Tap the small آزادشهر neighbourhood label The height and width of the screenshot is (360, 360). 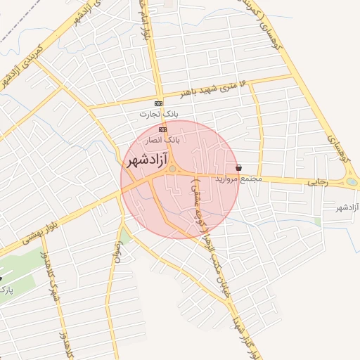coord(333,208)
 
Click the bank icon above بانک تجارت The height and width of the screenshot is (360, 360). coord(159,104)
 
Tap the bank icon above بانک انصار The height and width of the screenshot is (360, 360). coord(163,130)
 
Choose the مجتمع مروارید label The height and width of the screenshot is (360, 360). coord(241,179)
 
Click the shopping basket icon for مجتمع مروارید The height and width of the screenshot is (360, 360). coord(240,169)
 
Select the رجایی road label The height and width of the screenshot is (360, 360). coord(319,181)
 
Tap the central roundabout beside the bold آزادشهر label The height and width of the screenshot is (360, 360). coord(172,169)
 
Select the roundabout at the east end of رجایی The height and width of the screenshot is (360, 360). coord(351,183)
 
